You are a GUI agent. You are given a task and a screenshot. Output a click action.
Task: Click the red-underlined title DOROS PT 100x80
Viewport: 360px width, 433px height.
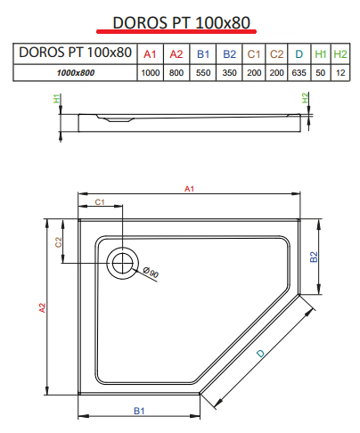point(182,22)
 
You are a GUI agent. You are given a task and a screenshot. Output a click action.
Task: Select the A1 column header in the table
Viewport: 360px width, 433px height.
point(150,54)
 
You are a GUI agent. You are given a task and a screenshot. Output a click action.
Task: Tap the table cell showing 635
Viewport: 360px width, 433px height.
point(299,73)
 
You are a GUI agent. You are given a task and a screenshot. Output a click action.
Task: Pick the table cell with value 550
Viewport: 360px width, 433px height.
point(203,73)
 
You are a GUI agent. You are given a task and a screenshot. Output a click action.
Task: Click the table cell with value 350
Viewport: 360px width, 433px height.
point(229,73)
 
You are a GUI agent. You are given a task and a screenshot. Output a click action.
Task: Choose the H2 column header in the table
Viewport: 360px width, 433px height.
point(340,54)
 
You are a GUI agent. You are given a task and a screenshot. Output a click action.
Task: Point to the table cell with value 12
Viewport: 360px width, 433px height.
point(340,73)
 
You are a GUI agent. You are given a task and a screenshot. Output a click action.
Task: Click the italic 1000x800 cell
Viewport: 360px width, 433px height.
point(76,73)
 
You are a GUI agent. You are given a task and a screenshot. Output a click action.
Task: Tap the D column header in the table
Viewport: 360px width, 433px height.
point(299,54)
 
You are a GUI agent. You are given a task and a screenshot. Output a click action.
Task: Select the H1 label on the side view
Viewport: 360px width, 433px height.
point(56,98)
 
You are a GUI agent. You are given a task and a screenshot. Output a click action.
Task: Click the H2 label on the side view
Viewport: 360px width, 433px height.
point(305,98)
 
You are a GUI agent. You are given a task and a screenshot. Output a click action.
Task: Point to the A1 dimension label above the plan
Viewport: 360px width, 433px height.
point(189,189)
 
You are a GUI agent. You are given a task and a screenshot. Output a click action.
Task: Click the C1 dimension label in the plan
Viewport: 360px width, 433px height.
point(100,202)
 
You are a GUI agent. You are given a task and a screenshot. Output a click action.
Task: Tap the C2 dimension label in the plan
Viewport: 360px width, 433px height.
point(58,242)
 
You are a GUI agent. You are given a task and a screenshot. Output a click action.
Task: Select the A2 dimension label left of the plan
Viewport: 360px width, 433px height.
point(42,307)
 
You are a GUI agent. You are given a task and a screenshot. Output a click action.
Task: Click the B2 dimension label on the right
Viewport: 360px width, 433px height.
point(314,257)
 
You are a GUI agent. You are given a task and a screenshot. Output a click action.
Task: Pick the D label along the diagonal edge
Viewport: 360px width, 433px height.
point(260,354)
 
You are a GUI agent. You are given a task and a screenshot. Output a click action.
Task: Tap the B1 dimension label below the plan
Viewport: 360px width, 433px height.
point(139,411)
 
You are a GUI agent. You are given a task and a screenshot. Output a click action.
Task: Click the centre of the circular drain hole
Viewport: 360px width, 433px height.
point(122,263)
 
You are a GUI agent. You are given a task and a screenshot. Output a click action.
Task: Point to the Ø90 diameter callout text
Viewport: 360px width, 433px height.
point(151,273)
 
